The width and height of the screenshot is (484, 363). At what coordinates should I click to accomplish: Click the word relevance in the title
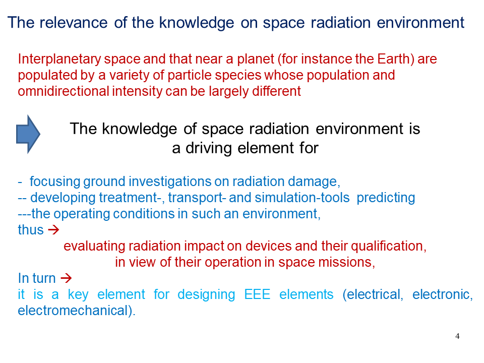pos(74,23)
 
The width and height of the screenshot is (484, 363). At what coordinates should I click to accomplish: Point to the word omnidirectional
pos(64,91)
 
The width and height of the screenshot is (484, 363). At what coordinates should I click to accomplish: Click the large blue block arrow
pos(28,134)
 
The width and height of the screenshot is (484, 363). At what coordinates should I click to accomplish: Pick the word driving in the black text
pos(208,148)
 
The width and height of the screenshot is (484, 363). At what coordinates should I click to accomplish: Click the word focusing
pos(55,182)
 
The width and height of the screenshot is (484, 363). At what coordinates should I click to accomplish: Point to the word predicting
pos(386,198)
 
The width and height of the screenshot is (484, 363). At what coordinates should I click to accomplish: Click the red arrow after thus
pos(53,230)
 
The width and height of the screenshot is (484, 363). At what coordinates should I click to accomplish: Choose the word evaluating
pos(94,247)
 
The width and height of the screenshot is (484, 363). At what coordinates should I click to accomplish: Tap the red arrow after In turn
pos(66,278)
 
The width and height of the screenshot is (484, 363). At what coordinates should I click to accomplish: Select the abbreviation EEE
pos(257,294)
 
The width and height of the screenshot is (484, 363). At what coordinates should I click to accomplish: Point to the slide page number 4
pos(457,336)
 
